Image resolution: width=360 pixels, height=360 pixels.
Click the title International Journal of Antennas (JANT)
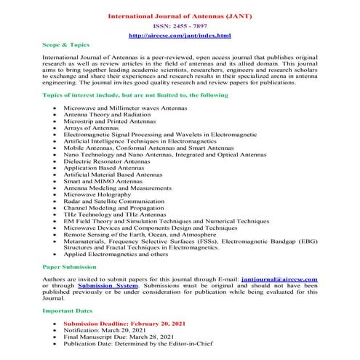179,15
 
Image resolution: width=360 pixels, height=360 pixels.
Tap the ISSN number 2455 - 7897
179,25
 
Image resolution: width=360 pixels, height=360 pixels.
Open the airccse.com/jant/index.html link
179,35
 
